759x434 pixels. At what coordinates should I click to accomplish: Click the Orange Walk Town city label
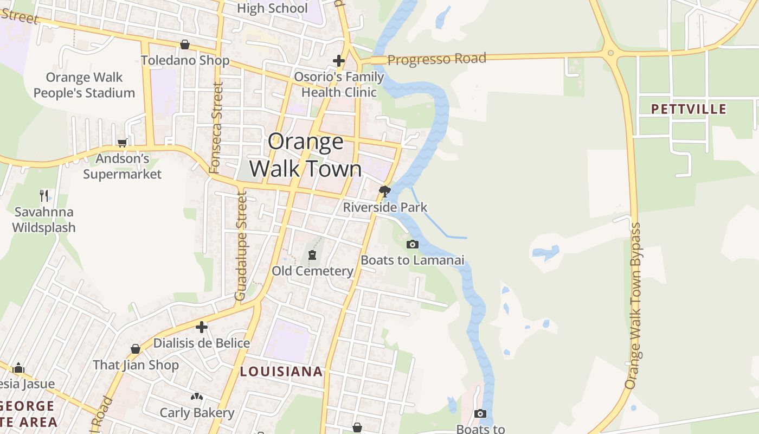pos(306,155)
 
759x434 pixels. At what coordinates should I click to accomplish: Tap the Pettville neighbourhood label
pos(689,109)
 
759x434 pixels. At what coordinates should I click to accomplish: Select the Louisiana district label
pos(281,372)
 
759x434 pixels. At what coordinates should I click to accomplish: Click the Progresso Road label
pos(436,59)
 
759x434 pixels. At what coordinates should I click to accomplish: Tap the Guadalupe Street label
pos(241,246)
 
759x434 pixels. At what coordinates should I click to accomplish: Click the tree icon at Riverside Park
pos(385,191)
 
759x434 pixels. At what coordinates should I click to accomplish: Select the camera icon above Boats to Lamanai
pos(413,244)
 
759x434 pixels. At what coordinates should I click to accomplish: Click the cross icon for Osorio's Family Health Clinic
pos(339,60)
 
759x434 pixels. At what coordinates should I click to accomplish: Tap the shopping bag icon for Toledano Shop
pos(185,44)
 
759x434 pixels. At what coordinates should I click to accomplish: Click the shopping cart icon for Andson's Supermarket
pos(123,143)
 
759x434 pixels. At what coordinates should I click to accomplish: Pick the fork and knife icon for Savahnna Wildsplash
pos(44,195)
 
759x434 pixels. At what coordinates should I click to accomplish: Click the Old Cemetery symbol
pos(312,255)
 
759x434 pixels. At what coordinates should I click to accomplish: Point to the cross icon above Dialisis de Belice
pos(202,327)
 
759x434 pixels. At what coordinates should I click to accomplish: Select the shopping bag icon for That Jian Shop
pos(136,349)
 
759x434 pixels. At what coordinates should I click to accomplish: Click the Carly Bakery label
pos(197,413)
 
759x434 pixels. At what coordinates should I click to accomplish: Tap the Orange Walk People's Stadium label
pos(84,85)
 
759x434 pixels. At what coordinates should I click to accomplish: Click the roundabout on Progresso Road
pos(611,53)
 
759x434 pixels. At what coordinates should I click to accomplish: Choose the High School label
pos(272,8)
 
